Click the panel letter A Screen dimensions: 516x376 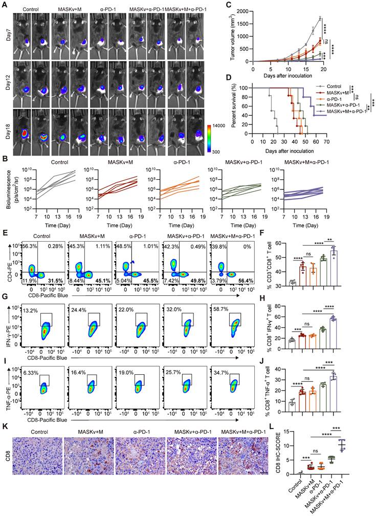point(4,4)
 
